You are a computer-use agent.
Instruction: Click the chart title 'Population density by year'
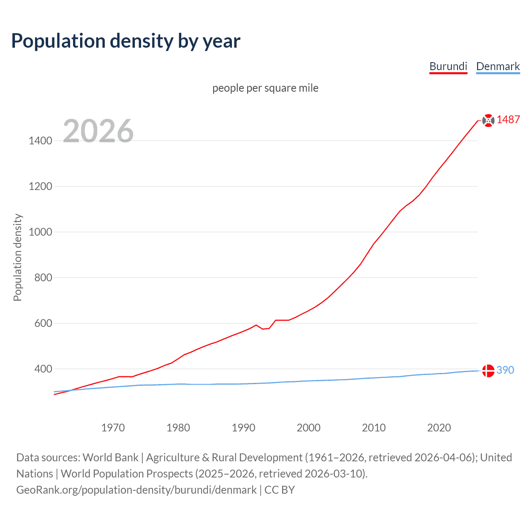[x=126, y=41]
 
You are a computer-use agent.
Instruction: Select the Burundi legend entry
[x=448, y=66]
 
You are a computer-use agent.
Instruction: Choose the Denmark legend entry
[x=498, y=66]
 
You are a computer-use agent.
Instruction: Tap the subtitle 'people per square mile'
[x=265, y=88]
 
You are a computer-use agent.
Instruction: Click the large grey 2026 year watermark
[x=98, y=131]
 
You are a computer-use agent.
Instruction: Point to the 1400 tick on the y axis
[x=40, y=141]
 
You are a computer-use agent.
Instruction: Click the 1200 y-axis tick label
[x=40, y=187]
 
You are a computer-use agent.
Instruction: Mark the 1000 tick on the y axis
[x=40, y=232]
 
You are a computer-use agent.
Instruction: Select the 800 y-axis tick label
[x=43, y=278]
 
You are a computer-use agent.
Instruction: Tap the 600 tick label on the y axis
[x=43, y=324]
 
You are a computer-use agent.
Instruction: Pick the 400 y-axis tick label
[x=43, y=369]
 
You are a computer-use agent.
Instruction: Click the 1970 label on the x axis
[x=113, y=428]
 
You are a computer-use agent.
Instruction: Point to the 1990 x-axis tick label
[x=244, y=428]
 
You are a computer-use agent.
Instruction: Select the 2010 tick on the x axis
[x=374, y=428]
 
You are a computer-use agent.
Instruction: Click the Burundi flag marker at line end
[x=488, y=120]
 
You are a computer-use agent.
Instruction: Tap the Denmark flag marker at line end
[x=488, y=370]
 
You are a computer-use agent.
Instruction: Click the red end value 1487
[x=508, y=120]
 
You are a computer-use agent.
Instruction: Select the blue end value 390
[x=505, y=370]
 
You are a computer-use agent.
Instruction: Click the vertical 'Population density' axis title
[x=17, y=257]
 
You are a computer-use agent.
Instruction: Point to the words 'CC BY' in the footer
[x=280, y=490]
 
